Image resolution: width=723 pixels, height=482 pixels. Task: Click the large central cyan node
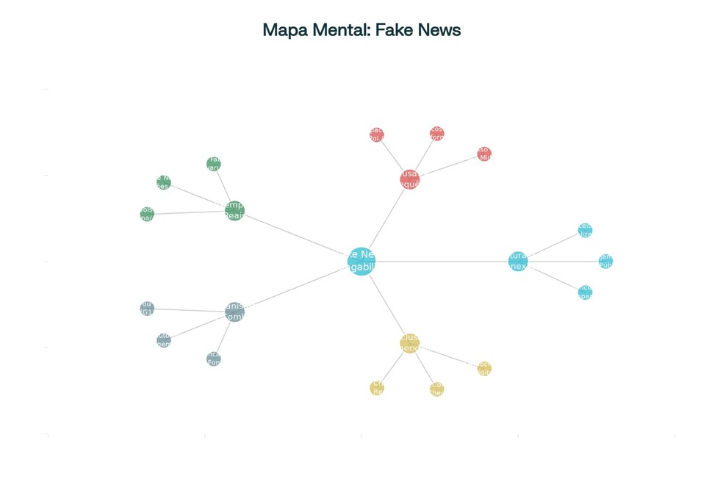coord(361,262)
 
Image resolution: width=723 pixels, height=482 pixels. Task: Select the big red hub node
coord(410,179)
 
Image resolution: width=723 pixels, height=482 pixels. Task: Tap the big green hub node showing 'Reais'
coord(234,211)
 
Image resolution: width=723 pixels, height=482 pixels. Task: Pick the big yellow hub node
coord(409,342)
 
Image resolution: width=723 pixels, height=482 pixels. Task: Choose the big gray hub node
coord(234,312)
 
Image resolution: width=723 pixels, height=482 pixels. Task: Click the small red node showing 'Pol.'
coord(376,134)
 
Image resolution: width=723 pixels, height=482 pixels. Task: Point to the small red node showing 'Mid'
coord(483,154)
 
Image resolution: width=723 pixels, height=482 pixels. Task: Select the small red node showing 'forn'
coord(436,133)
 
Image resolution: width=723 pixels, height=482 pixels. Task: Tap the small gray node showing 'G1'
coord(147,308)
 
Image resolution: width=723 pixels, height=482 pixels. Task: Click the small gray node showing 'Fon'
coord(214,359)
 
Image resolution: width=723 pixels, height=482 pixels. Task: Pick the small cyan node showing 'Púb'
coord(605,262)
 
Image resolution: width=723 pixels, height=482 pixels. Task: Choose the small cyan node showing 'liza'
coord(585,231)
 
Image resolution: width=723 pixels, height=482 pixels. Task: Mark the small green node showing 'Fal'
coord(214,163)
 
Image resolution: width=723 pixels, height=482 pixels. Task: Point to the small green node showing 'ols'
coord(147,214)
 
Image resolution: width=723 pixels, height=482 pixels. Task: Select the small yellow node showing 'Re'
coord(377,388)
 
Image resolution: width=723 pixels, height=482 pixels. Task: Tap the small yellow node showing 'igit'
coord(483,368)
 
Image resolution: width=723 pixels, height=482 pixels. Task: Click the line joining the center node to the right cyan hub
coord(441,262)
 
